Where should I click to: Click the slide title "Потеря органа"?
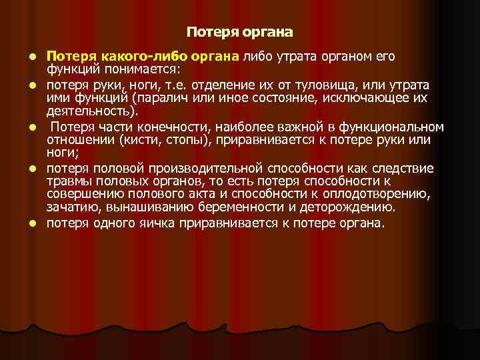(239, 31)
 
